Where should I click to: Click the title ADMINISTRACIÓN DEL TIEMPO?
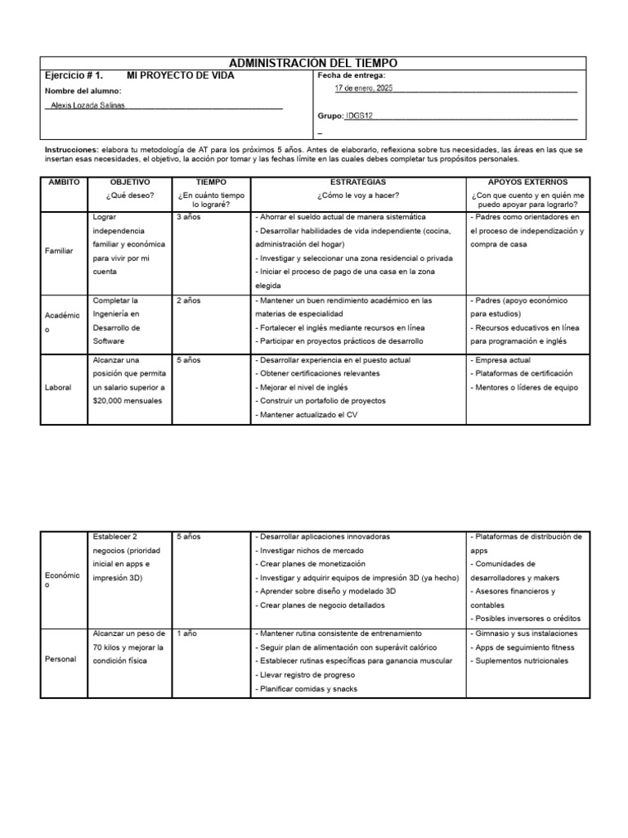pos(314,64)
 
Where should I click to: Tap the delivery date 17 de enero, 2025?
pos(364,88)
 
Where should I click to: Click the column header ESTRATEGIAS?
pos(358,182)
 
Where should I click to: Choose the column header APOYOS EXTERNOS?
pos(527,182)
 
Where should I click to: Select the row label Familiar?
pos(59,250)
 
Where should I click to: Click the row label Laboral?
pos(58,387)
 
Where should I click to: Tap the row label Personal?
pos(60,660)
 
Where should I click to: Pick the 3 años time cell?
pos(189,218)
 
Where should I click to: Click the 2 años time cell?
pos(189,300)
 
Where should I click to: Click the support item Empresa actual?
pos(501,360)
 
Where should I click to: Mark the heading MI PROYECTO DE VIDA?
pos(181,75)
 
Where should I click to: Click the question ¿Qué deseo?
pos(130,196)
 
